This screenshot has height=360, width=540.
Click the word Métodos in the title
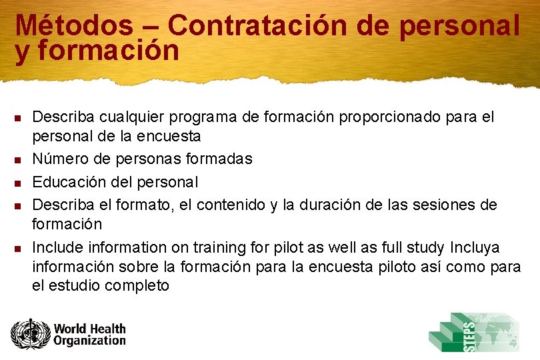click(73, 26)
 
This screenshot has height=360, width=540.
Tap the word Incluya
click(475, 247)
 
